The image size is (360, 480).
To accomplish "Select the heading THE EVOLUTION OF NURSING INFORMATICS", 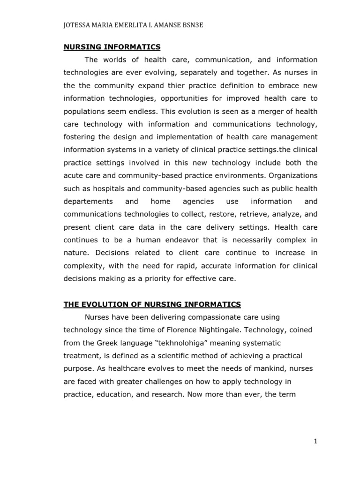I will [152, 304].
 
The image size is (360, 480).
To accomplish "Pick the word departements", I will [89, 201].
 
